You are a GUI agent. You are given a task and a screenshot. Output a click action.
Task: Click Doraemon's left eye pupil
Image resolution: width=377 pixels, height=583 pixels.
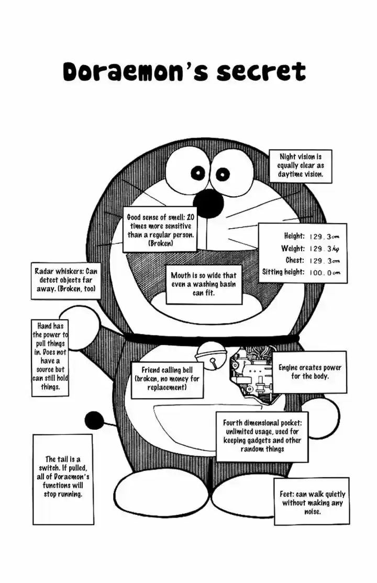tap(199, 172)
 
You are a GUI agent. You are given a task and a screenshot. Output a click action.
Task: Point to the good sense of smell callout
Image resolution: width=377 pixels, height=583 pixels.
tap(161, 230)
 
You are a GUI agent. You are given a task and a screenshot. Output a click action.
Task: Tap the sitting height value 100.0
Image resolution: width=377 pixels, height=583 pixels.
tap(325, 272)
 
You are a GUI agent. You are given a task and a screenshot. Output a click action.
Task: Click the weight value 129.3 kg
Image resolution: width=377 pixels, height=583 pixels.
tap(325, 249)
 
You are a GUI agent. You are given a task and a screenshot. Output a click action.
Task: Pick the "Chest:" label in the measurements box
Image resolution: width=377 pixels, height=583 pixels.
tap(295, 261)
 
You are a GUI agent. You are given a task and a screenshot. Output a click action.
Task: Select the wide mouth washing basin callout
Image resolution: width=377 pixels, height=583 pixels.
tap(204, 284)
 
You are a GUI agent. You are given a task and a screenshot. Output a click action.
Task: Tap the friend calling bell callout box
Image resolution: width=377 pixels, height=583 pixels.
tap(167, 378)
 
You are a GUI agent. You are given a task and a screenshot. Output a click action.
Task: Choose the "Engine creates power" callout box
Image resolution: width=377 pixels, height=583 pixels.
tap(309, 372)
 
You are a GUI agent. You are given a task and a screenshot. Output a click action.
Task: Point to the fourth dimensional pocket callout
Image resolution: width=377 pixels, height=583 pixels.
tap(262, 435)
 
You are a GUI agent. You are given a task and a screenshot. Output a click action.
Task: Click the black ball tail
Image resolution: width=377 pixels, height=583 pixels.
tap(94, 420)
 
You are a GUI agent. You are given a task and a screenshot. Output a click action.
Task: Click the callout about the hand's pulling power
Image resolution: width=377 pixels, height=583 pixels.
tap(50, 356)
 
